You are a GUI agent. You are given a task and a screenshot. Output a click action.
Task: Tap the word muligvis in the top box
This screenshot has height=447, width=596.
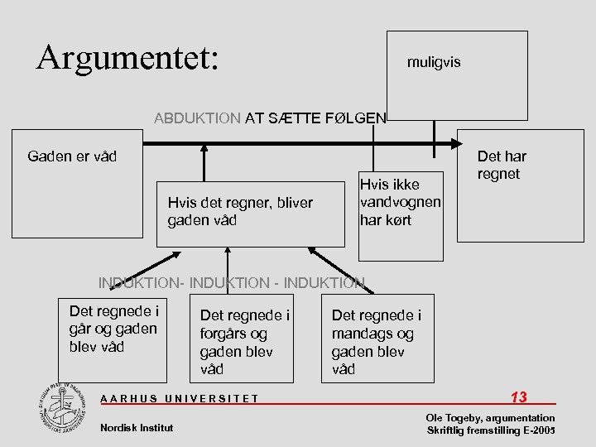pyautogui.click(x=434, y=62)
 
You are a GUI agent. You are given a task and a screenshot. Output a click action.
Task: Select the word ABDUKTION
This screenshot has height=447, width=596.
pyautogui.click(x=197, y=118)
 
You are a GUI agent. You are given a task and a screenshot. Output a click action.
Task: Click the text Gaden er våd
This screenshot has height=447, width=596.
pyautogui.click(x=72, y=156)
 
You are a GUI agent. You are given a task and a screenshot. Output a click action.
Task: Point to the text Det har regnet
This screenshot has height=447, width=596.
pyautogui.click(x=501, y=165)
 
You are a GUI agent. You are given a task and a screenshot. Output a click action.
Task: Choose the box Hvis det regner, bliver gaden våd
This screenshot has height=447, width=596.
pyautogui.click(x=250, y=212)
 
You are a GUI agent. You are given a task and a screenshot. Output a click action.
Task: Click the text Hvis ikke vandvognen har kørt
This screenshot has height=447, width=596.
pyautogui.click(x=400, y=202)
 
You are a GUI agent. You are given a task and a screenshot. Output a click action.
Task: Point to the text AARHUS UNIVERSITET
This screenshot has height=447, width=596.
pyautogui.click(x=179, y=399)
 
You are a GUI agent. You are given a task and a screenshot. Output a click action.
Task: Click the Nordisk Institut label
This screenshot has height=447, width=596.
pyautogui.click(x=136, y=427)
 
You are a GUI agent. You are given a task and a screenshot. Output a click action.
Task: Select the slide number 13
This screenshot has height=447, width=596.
pyautogui.click(x=519, y=397)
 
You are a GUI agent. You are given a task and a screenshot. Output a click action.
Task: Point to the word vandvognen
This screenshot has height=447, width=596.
pyautogui.click(x=400, y=202)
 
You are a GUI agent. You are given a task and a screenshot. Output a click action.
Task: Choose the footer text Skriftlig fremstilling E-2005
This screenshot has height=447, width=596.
pyautogui.click(x=490, y=431)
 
